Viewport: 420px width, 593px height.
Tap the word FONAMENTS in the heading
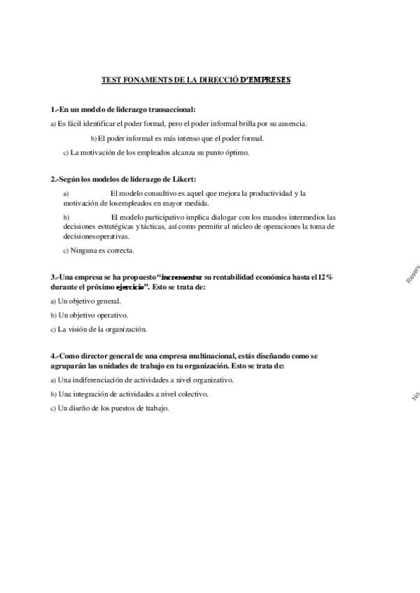tap(143, 80)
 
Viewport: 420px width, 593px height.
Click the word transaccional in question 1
tap(170, 110)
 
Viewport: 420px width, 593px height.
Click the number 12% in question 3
tap(323, 278)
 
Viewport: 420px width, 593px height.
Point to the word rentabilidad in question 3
tap(236, 278)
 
